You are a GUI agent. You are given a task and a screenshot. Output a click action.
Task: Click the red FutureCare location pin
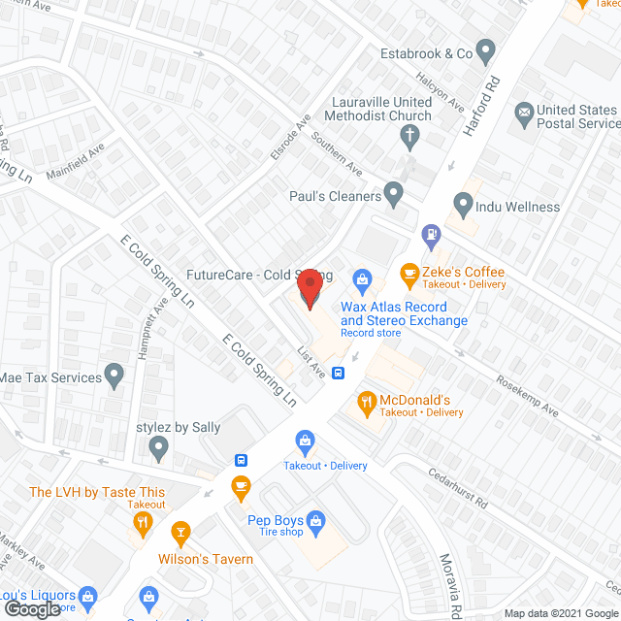[x=310, y=289]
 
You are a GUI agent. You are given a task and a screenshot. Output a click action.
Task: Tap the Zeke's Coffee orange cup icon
[x=409, y=273]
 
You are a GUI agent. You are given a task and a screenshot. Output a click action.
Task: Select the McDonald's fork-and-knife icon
[x=367, y=400]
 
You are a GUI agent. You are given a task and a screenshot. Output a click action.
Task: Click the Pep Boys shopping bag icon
[x=316, y=523]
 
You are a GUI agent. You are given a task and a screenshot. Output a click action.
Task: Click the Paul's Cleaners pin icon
[x=394, y=195]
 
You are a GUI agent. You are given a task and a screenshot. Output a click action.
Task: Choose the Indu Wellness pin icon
[x=463, y=206]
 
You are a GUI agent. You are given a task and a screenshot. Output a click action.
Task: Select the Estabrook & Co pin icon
[x=487, y=51]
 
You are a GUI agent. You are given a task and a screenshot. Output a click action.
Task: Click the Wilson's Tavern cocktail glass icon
[x=180, y=533]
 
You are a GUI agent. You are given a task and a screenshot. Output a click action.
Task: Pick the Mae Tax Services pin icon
[x=114, y=375]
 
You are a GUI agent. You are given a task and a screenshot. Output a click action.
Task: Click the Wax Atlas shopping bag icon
[x=363, y=282]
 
